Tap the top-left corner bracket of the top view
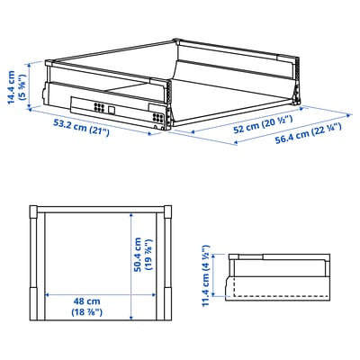34,213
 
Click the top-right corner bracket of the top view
166,213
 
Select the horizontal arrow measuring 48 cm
100,293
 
